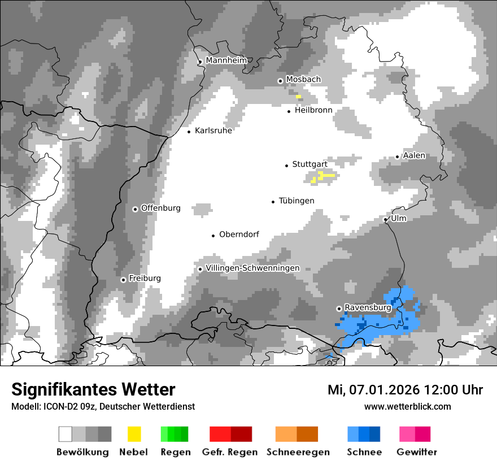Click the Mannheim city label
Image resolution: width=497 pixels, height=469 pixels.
pyautogui.click(x=226, y=60)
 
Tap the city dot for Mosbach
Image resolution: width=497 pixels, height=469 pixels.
pyautogui.click(x=280, y=81)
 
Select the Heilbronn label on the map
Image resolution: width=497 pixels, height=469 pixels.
pyautogui.click(x=313, y=110)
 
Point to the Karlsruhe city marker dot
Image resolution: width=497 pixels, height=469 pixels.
pyautogui.click(x=189, y=132)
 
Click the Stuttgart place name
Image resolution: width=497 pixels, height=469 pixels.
pyautogui.click(x=309, y=164)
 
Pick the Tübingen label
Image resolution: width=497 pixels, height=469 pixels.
pyautogui.click(x=297, y=201)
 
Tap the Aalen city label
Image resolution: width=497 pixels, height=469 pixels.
pyautogui.click(x=414, y=155)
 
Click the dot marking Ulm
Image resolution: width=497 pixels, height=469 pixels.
pyautogui.click(x=385, y=219)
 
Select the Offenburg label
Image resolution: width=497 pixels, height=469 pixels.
pyautogui.click(x=161, y=208)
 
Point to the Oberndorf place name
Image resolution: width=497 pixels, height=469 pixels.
pyautogui.click(x=239, y=234)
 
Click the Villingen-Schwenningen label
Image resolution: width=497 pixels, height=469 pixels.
pyautogui.click(x=252, y=268)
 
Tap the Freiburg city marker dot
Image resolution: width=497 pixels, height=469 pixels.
pyautogui.click(x=123, y=280)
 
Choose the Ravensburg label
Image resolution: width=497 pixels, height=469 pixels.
pyautogui.click(x=368, y=308)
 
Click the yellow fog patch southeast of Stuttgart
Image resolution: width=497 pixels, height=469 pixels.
pyautogui.click(x=323, y=176)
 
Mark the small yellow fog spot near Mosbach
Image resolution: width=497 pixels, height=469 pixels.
pyautogui.click(x=298, y=97)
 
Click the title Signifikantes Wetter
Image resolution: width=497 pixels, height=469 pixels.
pyautogui.click(x=93, y=389)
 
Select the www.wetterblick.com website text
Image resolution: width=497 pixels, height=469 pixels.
pyautogui.click(x=407, y=406)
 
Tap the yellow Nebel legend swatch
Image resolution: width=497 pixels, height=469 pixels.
pyautogui.click(x=134, y=434)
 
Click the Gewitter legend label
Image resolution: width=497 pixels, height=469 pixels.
pyautogui.click(x=416, y=452)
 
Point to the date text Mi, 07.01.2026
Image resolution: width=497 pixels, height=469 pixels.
pyautogui.click(x=371, y=390)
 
